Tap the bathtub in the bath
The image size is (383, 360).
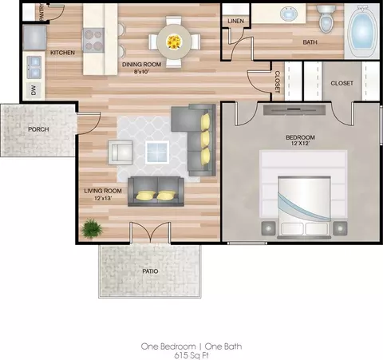[362, 32]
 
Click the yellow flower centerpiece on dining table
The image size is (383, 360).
[174, 42]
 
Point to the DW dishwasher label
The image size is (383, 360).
[34, 90]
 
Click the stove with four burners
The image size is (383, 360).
[93, 40]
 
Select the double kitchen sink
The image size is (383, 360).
[34, 67]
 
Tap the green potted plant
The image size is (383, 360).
[92, 228]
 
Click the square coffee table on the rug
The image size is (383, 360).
[157, 152]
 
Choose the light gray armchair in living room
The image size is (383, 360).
[120, 152]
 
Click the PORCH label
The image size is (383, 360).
[38, 129]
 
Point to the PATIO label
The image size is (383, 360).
[150, 271]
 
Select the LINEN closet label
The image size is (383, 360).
[235, 21]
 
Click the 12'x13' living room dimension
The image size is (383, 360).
[103, 198]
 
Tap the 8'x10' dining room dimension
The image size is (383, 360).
[141, 72]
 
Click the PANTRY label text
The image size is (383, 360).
[41, 13]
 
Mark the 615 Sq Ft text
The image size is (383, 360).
[191, 356]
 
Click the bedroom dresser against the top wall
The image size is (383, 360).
[294, 110]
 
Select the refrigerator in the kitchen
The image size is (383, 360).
[34, 38]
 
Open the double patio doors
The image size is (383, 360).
[150, 232]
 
